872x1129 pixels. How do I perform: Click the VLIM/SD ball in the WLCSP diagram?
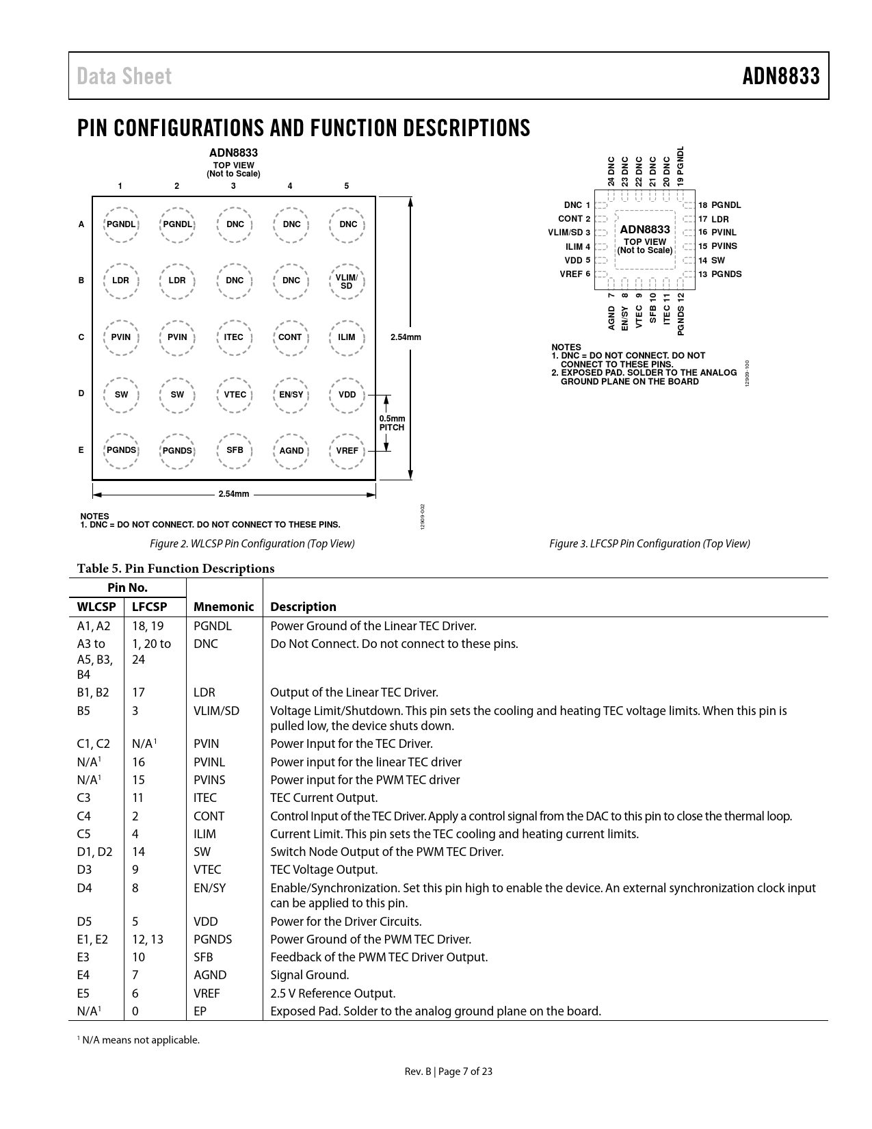click(347, 281)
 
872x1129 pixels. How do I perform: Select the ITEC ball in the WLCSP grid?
click(234, 337)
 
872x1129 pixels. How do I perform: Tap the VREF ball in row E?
click(347, 451)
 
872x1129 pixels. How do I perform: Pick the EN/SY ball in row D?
click(291, 395)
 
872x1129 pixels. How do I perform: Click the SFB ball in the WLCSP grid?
click(235, 450)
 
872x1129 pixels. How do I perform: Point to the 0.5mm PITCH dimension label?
click(392, 423)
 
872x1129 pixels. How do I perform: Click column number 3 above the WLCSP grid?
click(233, 186)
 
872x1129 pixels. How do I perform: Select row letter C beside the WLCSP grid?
click(81, 337)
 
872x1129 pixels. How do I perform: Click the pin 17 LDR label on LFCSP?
click(713, 219)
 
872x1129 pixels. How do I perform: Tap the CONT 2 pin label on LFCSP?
click(574, 219)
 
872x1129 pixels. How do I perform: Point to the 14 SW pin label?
click(711, 261)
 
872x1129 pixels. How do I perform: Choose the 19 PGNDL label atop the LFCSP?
click(680, 166)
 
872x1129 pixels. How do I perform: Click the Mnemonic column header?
click(224, 607)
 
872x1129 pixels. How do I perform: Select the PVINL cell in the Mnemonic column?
click(209, 762)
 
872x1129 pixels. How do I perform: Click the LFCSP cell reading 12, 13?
click(148, 939)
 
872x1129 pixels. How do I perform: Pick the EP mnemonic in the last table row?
click(200, 1011)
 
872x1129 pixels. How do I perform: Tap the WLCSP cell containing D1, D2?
click(95, 852)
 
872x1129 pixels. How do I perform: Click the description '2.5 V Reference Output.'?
click(333, 994)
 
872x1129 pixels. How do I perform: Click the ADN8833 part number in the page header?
click(781, 76)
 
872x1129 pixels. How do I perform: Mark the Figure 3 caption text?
click(650, 544)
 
